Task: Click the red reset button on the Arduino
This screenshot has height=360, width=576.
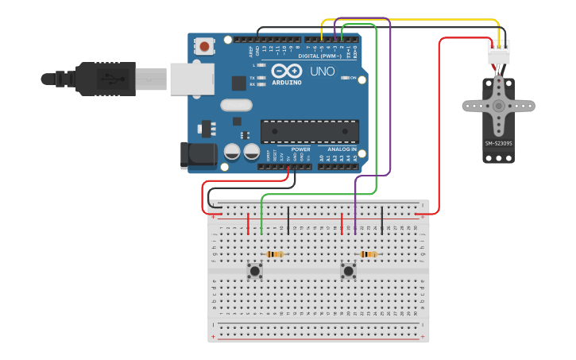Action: [x=205, y=47]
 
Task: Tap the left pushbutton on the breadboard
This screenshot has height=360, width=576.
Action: [x=254, y=271]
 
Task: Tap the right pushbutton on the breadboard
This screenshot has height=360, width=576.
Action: [x=348, y=271]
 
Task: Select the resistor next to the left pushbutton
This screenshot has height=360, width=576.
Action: [x=275, y=254]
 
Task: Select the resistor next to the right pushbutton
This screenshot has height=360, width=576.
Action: [x=368, y=254]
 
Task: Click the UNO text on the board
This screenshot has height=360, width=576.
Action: [x=322, y=72]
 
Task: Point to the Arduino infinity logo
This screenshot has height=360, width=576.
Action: [x=285, y=70]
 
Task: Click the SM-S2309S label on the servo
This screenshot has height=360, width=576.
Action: [x=499, y=144]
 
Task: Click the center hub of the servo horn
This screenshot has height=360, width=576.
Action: [x=498, y=105]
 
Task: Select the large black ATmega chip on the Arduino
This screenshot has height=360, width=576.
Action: [x=309, y=131]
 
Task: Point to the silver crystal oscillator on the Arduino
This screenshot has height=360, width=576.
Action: [x=236, y=104]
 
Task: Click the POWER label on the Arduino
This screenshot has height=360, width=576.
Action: [x=300, y=149]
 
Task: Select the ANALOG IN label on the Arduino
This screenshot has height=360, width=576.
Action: [x=338, y=149]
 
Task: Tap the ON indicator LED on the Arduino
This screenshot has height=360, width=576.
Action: [x=345, y=78]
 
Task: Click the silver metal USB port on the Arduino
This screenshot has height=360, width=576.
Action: [x=191, y=79]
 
